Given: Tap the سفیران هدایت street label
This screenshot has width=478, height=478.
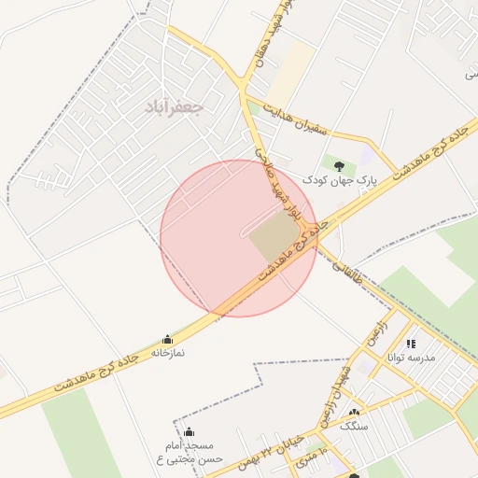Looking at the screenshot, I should (298, 120).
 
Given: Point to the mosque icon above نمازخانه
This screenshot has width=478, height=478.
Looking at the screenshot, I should (167, 339).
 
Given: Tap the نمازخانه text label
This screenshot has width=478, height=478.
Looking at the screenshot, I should (169, 353).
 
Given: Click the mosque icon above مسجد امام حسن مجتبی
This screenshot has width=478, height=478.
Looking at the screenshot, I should (189, 431).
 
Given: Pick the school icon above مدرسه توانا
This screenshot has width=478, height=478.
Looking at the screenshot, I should (411, 344).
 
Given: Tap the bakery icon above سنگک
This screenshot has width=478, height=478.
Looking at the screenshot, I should (353, 413).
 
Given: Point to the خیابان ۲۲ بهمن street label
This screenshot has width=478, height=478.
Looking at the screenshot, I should (272, 442).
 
